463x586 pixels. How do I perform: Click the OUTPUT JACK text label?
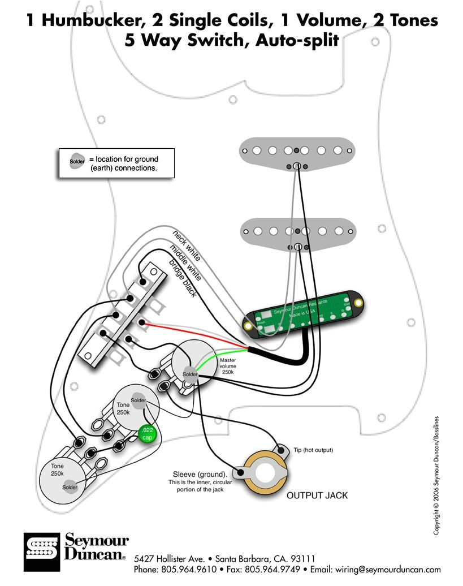coord(317,495)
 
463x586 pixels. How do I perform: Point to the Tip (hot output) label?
coord(313,450)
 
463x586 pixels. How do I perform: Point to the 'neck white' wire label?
coord(187,245)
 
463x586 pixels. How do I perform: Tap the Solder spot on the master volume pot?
coord(190,374)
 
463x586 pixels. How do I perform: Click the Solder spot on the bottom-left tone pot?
coord(70,487)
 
